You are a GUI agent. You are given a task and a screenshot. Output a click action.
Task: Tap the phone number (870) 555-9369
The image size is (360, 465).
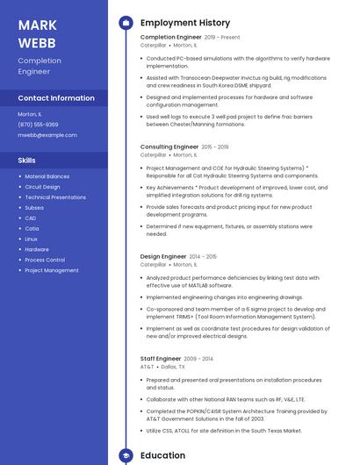tap(38, 125)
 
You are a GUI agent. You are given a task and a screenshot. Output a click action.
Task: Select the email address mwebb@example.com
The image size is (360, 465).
tap(47, 135)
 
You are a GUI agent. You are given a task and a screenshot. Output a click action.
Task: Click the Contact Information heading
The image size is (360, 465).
tap(56, 98)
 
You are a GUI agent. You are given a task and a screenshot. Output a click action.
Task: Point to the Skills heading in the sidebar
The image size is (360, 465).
tap(27, 161)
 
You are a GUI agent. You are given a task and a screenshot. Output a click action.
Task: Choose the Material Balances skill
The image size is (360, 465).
tap(47, 176)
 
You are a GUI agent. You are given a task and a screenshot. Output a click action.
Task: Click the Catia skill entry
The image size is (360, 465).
tap(32, 228)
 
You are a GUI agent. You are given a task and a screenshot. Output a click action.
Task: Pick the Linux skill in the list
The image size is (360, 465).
tap(32, 239)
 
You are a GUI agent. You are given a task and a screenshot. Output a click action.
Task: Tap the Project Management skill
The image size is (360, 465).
tap(52, 270)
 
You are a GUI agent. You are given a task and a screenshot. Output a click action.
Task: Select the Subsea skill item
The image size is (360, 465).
tap(34, 208)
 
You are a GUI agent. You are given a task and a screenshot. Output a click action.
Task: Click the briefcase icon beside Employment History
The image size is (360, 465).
tap(126, 22)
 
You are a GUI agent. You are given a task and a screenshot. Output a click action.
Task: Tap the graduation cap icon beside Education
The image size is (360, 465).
tap(126, 455)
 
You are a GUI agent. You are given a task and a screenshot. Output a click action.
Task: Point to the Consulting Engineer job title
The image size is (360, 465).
tap(169, 147)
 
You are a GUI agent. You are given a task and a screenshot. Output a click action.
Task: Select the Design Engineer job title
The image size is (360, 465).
tap(163, 256)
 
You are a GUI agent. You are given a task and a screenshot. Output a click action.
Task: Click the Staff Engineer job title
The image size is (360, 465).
tap(161, 358)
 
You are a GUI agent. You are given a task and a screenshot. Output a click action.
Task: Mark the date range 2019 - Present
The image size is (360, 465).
tap(222, 38)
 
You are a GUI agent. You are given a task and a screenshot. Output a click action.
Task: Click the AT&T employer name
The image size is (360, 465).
tap(147, 366)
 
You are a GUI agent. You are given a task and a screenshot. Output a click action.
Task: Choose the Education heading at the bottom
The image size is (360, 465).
tap(162, 455)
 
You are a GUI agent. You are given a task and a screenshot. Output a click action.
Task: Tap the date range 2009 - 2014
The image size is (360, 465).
tap(198, 358)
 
